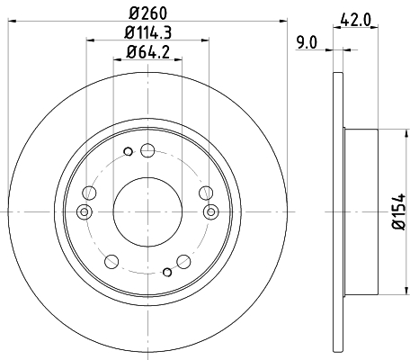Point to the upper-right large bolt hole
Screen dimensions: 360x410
pos(206,191)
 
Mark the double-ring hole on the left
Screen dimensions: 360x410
pos(84,212)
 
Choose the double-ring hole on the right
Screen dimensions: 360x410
pos(211,212)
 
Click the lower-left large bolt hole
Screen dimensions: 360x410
pos(111,262)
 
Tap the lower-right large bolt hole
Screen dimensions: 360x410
pos(183,262)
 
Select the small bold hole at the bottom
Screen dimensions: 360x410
pos(167,273)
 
